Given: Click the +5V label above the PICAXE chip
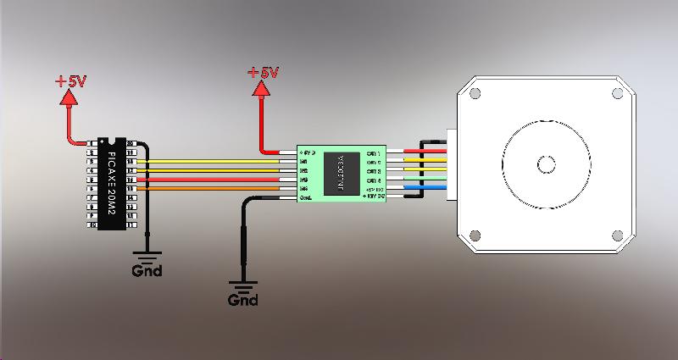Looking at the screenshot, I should pyautogui.click(x=71, y=82).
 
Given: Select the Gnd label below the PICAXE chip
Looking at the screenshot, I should pyautogui.click(x=147, y=272).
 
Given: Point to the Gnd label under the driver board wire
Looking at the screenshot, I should pyautogui.click(x=243, y=300).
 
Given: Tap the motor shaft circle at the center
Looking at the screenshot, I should pyautogui.click(x=547, y=162).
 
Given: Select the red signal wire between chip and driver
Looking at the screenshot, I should pyautogui.click(x=220, y=180).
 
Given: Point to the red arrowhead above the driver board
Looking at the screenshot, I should pyautogui.click(x=258, y=88).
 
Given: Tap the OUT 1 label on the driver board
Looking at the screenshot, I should pyautogui.click(x=372, y=154).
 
